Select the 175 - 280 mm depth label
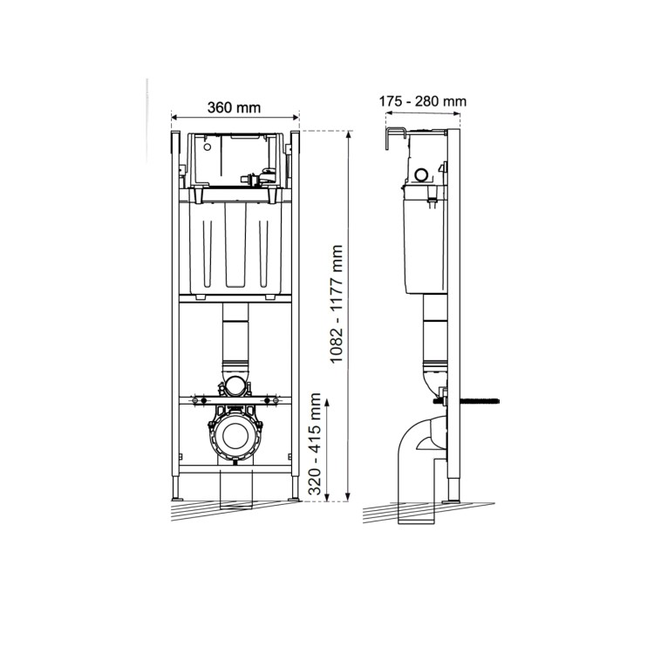pos(422,100)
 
